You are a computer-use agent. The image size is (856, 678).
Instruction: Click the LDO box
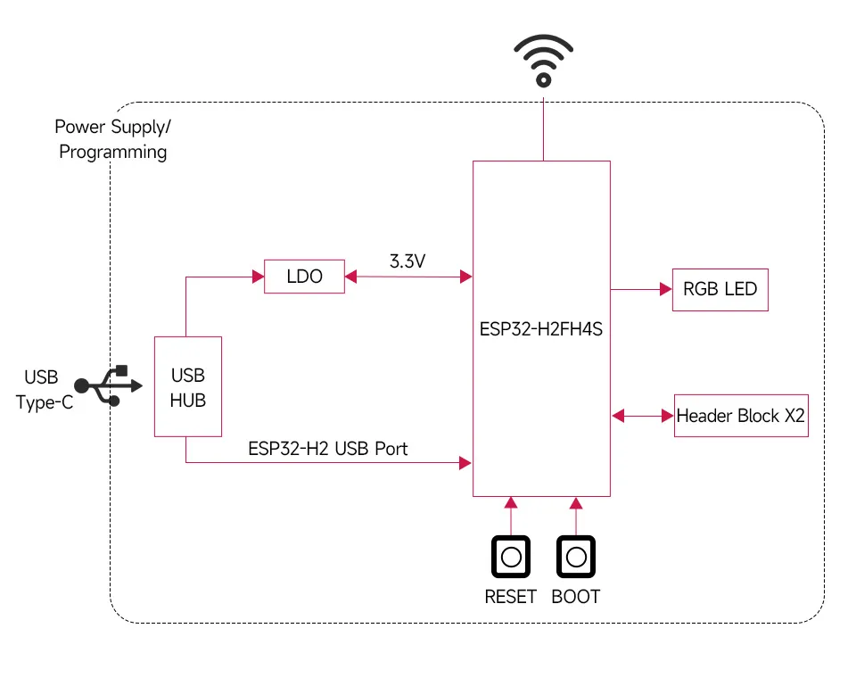point(304,277)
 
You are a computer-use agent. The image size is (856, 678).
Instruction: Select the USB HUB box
point(187,386)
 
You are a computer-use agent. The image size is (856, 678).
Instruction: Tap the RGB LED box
point(720,289)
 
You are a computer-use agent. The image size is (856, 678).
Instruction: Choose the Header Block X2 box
point(741,416)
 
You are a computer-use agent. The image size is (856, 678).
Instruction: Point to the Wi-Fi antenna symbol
point(542,61)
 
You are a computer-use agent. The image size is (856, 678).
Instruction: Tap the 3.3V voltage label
point(407,261)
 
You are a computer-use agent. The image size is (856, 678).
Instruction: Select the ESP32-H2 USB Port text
point(327,448)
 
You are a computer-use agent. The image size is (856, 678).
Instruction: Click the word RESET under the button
point(510,596)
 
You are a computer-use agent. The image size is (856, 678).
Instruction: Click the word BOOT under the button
point(576,596)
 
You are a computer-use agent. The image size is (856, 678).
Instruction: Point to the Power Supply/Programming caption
point(112,139)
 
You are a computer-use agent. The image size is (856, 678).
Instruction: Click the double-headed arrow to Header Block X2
point(642,415)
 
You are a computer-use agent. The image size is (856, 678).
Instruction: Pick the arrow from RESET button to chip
point(511,515)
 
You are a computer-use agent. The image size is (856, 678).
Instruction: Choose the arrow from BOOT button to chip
point(576,515)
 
